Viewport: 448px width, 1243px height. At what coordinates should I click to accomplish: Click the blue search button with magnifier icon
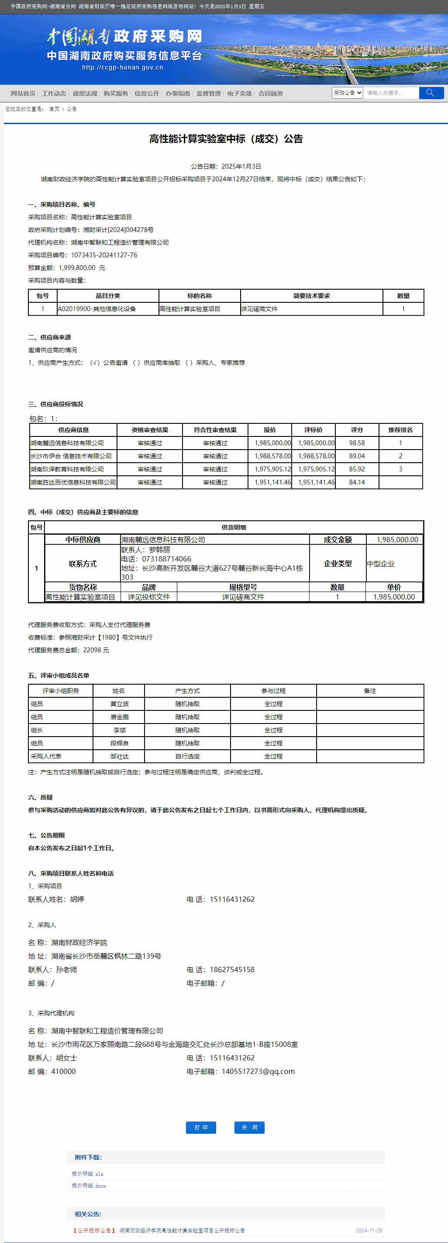pos(431,93)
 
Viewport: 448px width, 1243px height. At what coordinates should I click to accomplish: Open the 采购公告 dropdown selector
pos(347,93)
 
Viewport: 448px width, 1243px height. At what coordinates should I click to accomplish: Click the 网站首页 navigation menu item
pos(23,93)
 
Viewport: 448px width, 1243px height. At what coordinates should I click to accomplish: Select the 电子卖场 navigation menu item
pos(240,93)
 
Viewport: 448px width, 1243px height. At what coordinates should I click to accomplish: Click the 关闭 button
pos(249,1127)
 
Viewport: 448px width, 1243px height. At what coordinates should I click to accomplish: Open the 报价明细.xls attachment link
pos(87,1174)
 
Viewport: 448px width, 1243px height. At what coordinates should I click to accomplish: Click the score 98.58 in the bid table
pos(357,443)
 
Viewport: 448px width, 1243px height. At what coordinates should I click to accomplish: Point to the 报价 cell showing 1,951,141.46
pos(272,482)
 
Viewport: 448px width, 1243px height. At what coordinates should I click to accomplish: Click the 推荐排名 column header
pos(400,430)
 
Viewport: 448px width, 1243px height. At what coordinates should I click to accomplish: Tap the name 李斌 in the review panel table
pos(119,730)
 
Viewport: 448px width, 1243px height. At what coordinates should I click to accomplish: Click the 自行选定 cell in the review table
pos(187,756)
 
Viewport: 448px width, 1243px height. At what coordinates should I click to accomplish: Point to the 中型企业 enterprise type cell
pos(380,564)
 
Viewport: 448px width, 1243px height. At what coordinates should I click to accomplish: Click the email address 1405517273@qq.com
pos(258,1071)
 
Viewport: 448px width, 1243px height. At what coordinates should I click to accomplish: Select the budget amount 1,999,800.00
pos(77,268)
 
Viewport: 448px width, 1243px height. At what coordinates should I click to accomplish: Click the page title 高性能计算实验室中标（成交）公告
pos(226,139)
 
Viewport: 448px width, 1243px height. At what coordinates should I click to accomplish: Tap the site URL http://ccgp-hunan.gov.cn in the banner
pos(123,68)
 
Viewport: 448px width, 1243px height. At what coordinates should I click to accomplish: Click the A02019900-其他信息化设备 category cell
pos(97,309)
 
